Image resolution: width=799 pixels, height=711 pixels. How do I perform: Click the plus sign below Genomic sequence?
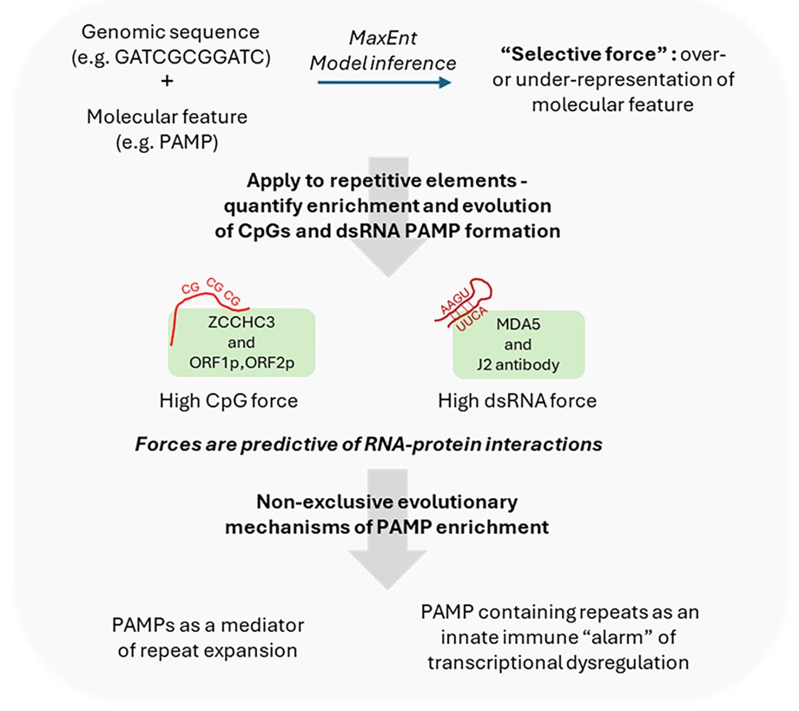coord(167,82)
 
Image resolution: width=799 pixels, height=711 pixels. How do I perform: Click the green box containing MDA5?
coord(518,345)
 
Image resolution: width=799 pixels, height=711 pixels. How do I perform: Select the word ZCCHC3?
coord(241,320)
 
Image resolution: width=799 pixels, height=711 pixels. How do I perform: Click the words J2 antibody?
coord(519,366)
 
